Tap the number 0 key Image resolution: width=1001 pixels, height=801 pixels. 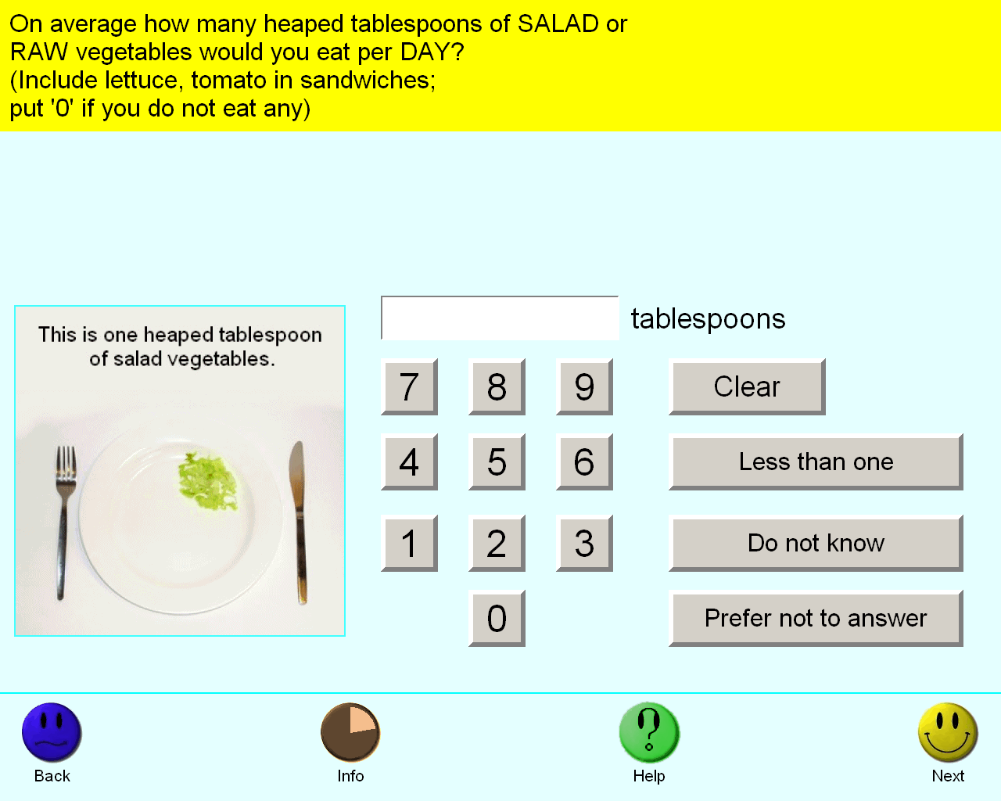[497, 618]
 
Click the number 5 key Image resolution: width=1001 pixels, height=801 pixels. [497, 462]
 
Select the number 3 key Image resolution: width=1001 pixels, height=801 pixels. [584, 543]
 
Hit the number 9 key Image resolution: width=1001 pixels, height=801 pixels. [584, 386]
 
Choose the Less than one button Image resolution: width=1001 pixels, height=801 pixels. [816, 462]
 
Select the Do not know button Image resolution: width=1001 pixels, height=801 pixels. [816, 543]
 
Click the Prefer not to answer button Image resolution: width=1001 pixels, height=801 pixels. [816, 618]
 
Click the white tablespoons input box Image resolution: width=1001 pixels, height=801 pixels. [500, 318]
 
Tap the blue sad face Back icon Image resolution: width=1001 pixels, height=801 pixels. [52, 732]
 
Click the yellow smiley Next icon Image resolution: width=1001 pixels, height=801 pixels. [948, 732]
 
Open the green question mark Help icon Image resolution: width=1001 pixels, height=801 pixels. [649, 732]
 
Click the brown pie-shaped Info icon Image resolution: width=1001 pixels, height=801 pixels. [350, 732]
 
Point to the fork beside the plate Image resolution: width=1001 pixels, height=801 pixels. [65, 523]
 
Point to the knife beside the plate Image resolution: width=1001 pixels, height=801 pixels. [299, 523]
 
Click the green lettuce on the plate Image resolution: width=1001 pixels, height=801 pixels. [208, 482]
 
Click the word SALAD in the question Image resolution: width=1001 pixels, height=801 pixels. [558, 23]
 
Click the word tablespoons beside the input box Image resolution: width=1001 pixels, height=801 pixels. [708, 319]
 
